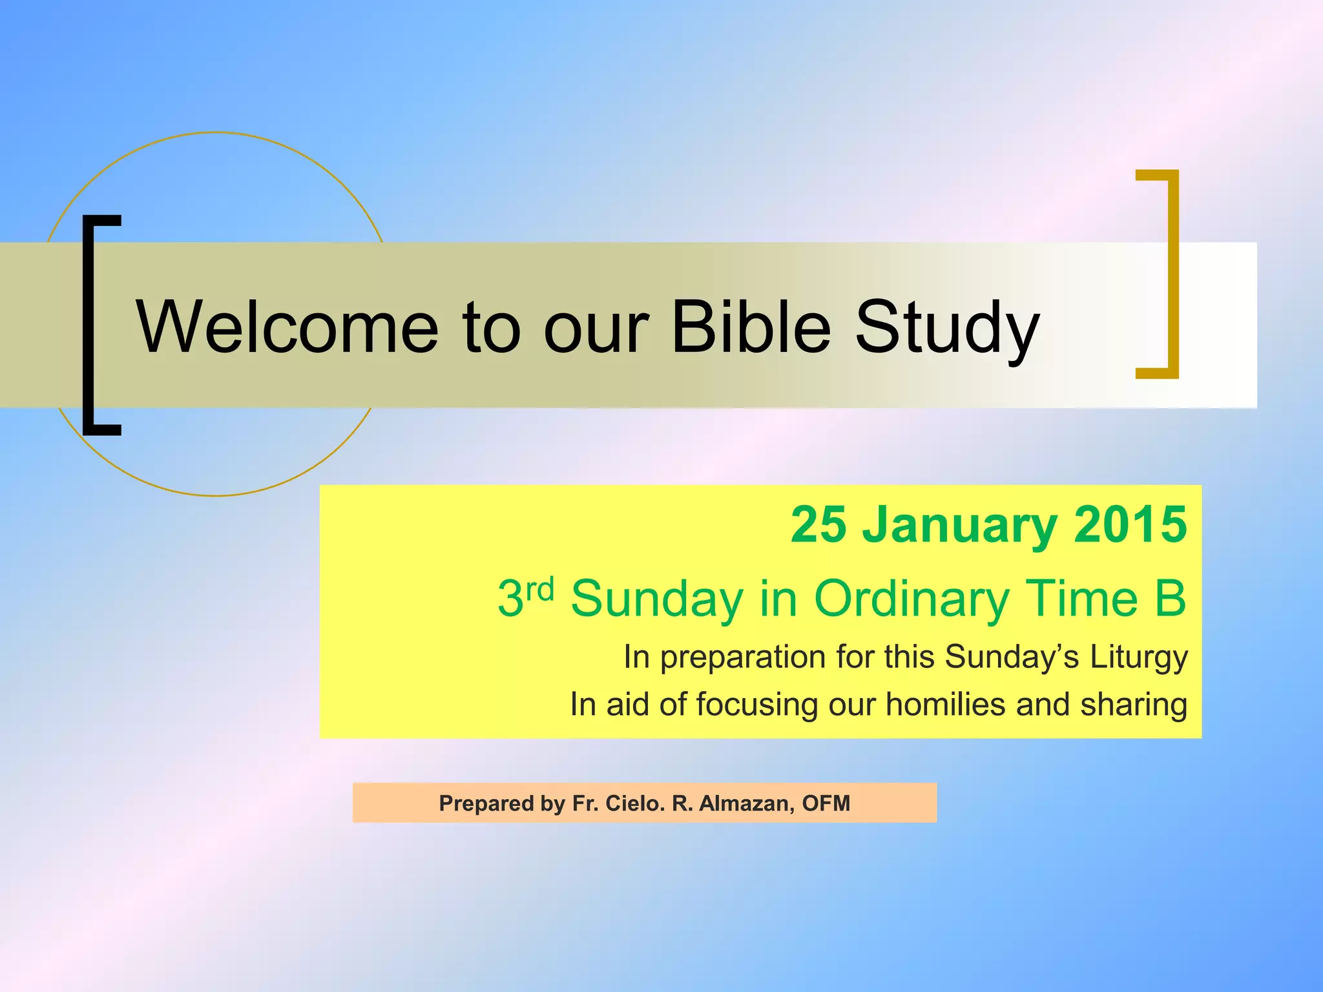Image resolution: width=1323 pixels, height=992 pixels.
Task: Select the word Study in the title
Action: point(947,329)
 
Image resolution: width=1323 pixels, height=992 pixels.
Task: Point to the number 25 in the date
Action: point(818,524)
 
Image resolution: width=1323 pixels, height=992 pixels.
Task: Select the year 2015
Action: point(1130,524)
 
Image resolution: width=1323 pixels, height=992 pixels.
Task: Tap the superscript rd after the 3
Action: point(540,588)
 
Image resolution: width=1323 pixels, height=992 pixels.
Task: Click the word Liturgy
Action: point(1139,657)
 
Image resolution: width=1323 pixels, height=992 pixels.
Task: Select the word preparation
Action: point(742,657)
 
